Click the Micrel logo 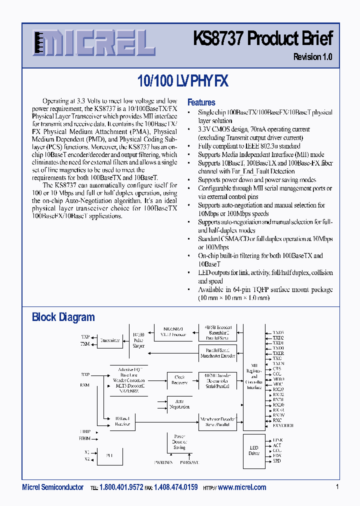click(x=93, y=43)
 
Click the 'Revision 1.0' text click(x=312, y=57)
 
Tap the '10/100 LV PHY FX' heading click(x=182, y=81)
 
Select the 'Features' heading click(x=201, y=102)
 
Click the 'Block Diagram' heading click(x=63, y=317)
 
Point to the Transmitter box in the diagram click(x=110, y=340)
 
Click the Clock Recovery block click(x=179, y=379)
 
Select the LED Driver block click(x=254, y=450)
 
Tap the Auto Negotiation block click(x=179, y=404)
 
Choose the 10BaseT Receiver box click(x=122, y=421)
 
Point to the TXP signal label click(x=85, y=337)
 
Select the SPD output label click(x=277, y=460)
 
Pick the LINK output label click(x=278, y=440)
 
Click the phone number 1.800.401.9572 click(x=121, y=487)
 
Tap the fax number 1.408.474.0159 click(x=175, y=487)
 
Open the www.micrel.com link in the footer click(x=242, y=487)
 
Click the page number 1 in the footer click(x=337, y=487)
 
